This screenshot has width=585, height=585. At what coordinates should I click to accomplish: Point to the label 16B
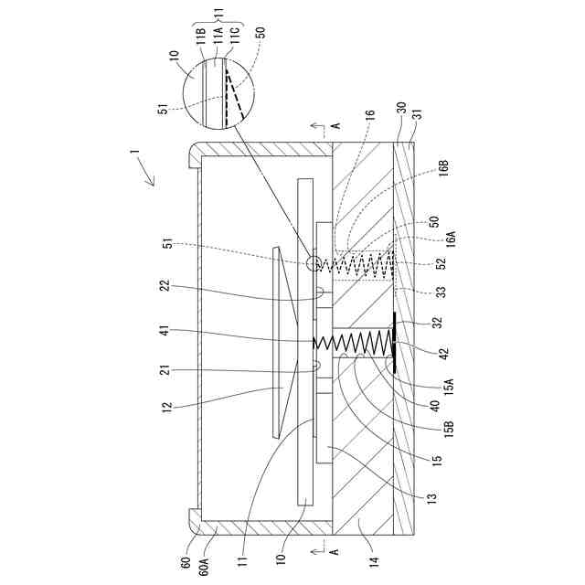point(442,172)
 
